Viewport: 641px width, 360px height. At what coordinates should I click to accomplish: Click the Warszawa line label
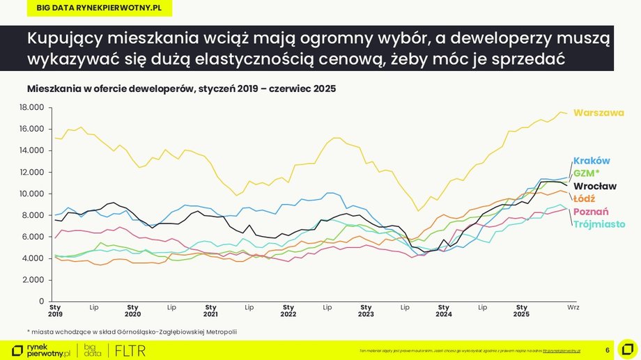pos(598,113)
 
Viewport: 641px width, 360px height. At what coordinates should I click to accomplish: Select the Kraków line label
pos(591,161)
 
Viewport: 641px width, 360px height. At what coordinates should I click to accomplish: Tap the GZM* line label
pos(587,173)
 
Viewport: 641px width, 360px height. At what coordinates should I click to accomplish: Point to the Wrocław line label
pos(594,186)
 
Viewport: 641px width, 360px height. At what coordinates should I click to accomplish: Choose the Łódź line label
pos(585,198)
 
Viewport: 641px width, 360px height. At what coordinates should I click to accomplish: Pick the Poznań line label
pos(590,212)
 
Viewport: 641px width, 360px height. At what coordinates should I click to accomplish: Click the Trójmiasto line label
pos(598,224)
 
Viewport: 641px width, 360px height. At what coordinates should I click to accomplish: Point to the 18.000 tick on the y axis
pos(32,107)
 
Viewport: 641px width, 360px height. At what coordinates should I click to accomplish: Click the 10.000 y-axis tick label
pos(32,194)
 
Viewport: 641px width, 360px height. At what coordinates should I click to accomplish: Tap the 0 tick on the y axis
pos(42,302)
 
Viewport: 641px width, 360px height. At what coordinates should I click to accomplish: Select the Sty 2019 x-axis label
pos(55,310)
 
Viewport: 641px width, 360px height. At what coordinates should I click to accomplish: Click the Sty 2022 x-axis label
pos(288,310)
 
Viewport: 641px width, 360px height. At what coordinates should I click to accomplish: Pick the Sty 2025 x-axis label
pos(521,310)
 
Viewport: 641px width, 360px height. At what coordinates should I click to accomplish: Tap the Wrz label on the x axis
pos(573,306)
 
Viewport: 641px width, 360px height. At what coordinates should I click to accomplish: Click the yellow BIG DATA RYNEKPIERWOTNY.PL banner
pos(93,7)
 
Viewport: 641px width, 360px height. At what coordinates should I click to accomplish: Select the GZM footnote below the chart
pos(132,331)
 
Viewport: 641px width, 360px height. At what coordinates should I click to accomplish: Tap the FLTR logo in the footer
pos(130,350)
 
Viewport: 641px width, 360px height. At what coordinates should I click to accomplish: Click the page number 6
pos(608,350)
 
